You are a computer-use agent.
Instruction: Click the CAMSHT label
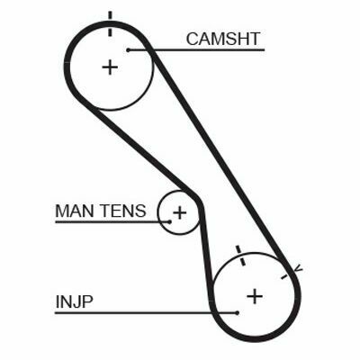click(x=222, y=39)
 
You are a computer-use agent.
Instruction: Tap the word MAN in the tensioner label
click(x=74, y=211)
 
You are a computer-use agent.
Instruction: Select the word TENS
click(x=123, y=211)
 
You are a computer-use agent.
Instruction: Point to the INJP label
click(x=74, y=301)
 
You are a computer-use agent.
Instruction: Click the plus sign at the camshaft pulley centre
click(x=110, y=67)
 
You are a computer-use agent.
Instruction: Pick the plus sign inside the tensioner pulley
click(x=180, y=212)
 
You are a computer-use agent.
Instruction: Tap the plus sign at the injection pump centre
click(x=255, y=296)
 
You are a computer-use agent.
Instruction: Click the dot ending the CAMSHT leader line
click(x=128, y=50)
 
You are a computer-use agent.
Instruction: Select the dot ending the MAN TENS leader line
click(x=169, y=222)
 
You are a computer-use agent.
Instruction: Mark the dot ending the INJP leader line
click(x=238, y=313)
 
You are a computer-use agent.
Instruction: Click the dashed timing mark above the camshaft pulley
click(x=110, y=23)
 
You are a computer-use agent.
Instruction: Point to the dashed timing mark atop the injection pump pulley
click(x=240, y=256)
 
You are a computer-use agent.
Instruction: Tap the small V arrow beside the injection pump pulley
click(x=297, y=269)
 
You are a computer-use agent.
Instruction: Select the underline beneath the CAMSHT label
click(x=196, y=50)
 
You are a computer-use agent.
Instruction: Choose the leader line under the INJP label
click(x=146, y=313)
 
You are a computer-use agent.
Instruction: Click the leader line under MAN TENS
click(x=112, y=222)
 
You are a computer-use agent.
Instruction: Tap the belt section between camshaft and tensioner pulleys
click(x=144, y=152)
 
